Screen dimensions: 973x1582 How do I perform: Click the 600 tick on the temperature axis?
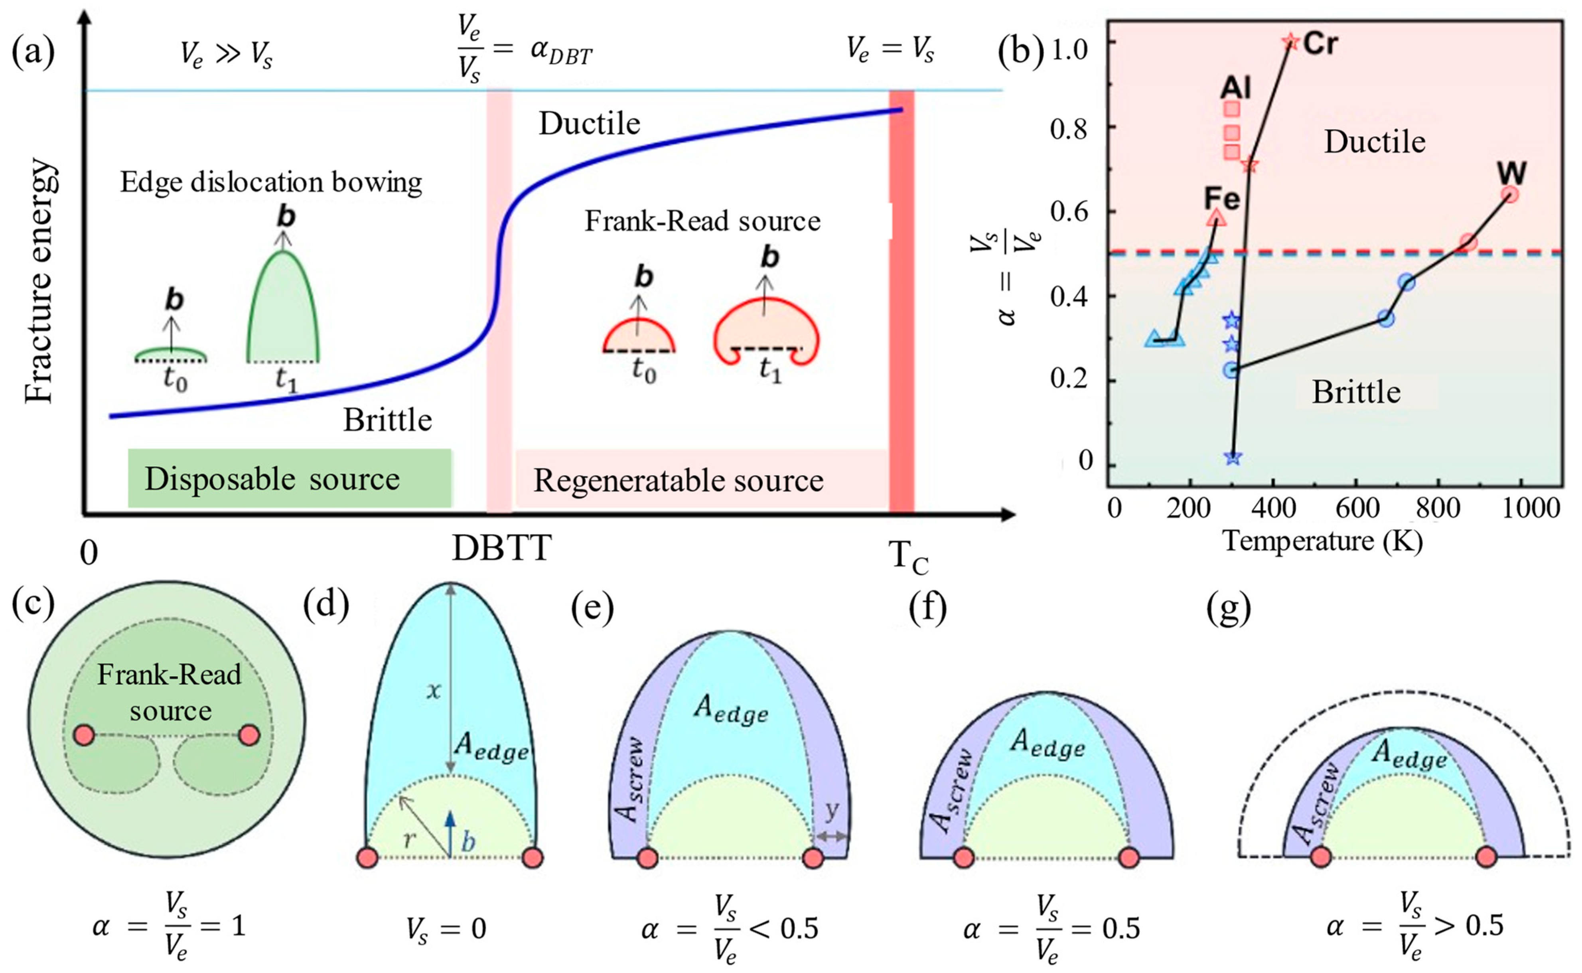1355,508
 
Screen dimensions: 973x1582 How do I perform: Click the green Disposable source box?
290,479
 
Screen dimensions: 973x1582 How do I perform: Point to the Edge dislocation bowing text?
271,183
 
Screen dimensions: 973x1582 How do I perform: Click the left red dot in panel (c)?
84,735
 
